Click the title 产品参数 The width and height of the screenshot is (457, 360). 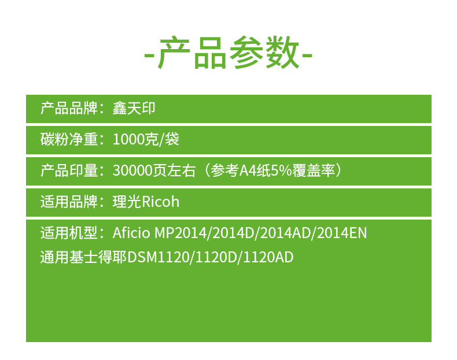228,53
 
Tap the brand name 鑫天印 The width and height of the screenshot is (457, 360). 134,109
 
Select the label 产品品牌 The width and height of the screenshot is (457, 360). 69,109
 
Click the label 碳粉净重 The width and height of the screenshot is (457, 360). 69,139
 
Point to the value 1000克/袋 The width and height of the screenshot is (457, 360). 146,139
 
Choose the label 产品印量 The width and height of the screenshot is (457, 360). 69,170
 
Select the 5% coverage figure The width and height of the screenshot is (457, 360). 281,171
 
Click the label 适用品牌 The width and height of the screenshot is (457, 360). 69,202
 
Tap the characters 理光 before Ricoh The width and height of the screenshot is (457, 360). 127,202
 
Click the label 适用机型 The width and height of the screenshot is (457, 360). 69,233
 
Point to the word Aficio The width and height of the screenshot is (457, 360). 131,233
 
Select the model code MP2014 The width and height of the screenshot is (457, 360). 180,233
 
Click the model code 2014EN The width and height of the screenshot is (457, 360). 342,233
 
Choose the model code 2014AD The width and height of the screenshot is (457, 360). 285,233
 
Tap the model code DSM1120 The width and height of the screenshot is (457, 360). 159,258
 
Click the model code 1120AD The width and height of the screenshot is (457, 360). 268,258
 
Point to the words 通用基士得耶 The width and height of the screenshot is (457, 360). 84,257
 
